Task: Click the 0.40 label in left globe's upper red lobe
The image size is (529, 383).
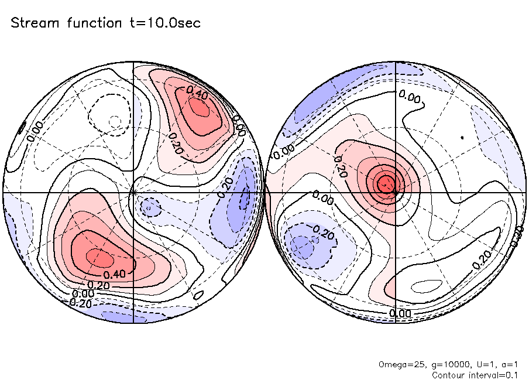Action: (x=197, y=91)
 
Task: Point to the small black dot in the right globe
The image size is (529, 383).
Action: (x=462, y=138)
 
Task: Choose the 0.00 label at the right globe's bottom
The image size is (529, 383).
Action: (x=400, y=313)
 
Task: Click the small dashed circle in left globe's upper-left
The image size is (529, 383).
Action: (x=115, y=121)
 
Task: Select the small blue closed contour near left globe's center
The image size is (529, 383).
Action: (x=151, y=207)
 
